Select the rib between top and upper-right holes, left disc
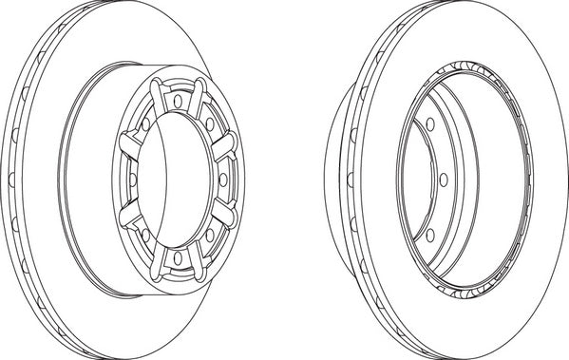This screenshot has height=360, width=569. coord(197,98)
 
